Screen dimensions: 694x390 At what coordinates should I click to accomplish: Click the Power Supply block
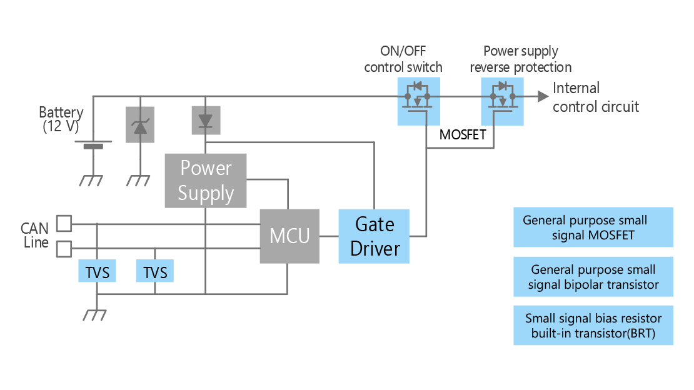tap(205, 181)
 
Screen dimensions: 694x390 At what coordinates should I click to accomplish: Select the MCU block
tap(289, 236)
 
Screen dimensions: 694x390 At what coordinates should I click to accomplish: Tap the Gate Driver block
tap(374, 236)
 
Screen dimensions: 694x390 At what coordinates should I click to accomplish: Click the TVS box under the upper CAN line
tap(97, 271)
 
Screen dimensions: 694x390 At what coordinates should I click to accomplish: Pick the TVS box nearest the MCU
tap(155, 271)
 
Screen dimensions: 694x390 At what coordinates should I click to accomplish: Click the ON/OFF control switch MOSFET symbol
tap(418, 101)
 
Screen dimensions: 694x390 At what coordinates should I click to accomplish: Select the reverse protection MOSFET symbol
tap(502, 101)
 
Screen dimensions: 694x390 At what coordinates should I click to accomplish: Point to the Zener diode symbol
tap(140, 124)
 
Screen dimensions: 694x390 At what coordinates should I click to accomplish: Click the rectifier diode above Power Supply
tap(206, 120)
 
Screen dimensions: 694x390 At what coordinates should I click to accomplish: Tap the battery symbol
tap(93, 144)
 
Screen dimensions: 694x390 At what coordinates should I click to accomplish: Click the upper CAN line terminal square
tap(64, 224)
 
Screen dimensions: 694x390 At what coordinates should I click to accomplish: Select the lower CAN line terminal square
tap(64, 249)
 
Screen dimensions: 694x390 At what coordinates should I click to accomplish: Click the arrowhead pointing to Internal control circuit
tap(543, 96)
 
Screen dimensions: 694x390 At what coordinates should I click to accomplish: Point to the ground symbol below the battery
tap(91, 180)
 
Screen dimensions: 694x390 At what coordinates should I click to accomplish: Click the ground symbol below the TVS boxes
tap(94, 315)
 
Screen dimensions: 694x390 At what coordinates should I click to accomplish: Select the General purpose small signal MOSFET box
tap(593, 227)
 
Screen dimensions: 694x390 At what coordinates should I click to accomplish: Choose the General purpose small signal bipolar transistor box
tap(593, 277)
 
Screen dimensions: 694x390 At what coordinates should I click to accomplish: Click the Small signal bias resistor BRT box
tap(593, 326)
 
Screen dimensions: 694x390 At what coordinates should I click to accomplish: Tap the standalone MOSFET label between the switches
tap(463, 134)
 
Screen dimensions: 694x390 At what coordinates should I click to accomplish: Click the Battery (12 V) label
tap(61, 119)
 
